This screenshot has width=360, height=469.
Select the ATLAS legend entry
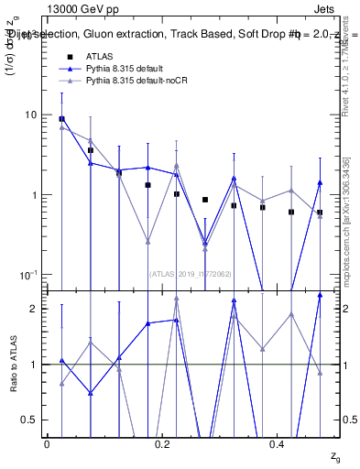pos(100,57)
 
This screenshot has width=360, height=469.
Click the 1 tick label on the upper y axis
pos(34,195)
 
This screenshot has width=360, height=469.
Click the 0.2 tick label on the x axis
pos(163,444)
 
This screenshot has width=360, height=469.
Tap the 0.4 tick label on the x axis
pos(279,444)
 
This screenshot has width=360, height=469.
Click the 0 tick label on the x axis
pos(47,444)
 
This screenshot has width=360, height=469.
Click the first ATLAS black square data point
pos(61,119)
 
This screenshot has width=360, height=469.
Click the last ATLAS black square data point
pos(320,213)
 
